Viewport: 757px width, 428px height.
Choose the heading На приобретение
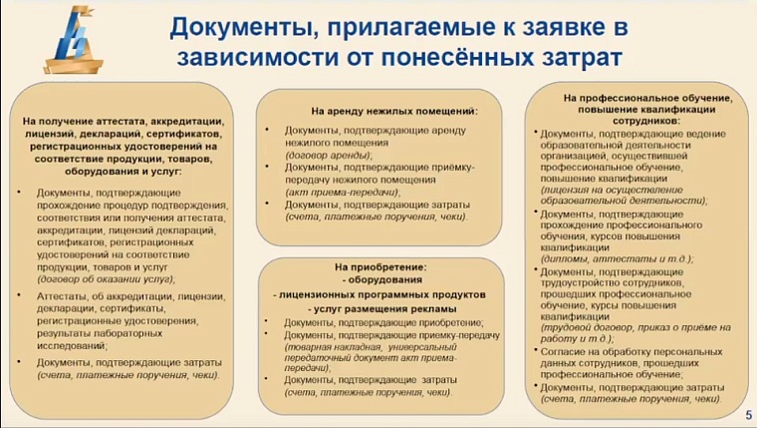(x=379, y=267)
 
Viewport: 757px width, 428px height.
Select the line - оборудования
(x=380, y=281)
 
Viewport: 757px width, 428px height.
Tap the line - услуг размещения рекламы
(x=379, y=309)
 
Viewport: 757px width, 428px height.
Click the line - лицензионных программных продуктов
(x=379, y=295)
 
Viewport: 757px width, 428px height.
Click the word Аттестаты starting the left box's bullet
(x=63, y=296)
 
